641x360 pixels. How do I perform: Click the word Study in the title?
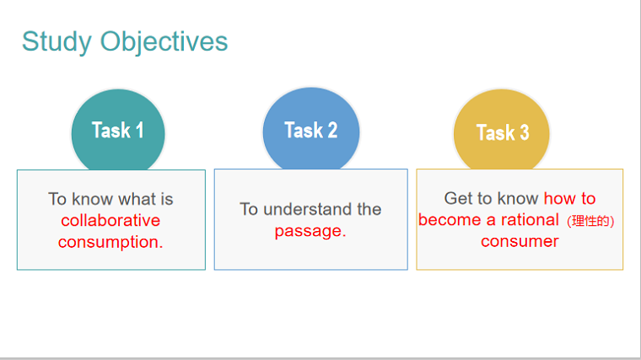(x=57, y=42)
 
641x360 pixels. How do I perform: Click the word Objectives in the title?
(x=164, y=41)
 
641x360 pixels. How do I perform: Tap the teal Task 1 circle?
(x=118, y=130)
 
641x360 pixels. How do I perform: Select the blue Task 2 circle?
(x=311, y=129)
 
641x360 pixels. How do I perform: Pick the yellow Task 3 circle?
(x=502, y=130)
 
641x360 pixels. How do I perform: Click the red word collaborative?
(x=110, y=221)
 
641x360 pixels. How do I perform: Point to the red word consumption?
(x=110, y=243)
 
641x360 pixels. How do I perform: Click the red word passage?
(x=310, y=232)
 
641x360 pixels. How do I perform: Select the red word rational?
(x=530, y=220)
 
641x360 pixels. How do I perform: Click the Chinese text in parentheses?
(x=590, y=221)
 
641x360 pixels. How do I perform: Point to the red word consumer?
(x=520, y=241)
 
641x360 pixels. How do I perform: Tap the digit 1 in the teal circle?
(x=139, y=130)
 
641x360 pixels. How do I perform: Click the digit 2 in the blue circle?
(x=332, y=130)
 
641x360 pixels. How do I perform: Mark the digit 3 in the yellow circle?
(x=524, y=132)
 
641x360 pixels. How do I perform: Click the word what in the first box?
(x=137, y=199)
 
